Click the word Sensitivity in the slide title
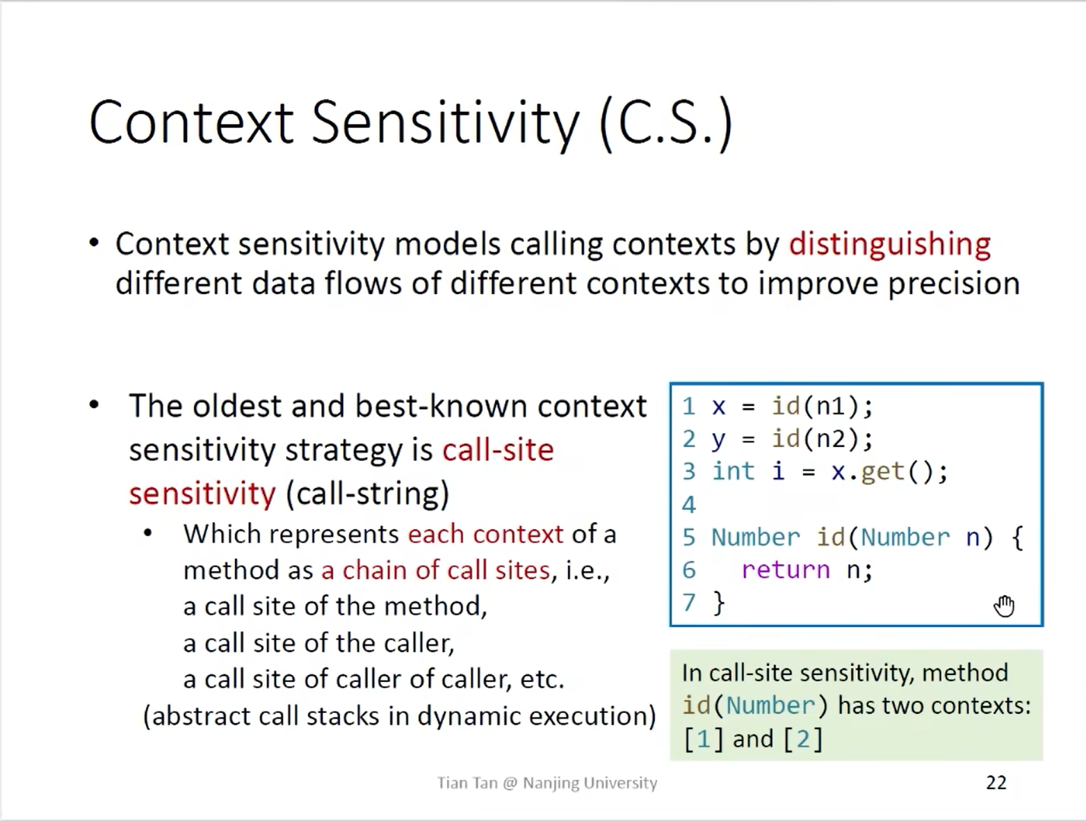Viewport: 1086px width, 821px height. click(x=446, y=123)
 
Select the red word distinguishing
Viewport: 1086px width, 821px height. click(x=890, y=245)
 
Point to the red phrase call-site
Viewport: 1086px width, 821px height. click(x=497, y=449)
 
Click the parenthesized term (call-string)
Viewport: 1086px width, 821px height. click(x=368, y=494)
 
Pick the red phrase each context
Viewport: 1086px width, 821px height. click(x=485, y=534)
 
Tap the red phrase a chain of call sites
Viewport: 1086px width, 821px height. click(x=436, y=570)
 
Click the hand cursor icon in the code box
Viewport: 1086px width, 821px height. click(x=1004, y=605)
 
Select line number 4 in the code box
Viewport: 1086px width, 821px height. click(x=689, y=505)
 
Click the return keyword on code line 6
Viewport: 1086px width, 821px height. click(x=785, y=570)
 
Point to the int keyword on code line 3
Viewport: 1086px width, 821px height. click(x=733, y=471)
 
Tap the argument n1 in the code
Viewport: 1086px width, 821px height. click(x=830, y=407)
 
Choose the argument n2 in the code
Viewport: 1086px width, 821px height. click(x=830, y=439)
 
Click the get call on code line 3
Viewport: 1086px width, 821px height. click(x=882, y=472)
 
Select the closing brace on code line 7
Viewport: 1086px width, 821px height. click(x=719, y=604)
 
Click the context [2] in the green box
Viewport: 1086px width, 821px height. click(x=804, y=740)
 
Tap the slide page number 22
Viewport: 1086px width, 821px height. click(x=996, y=783)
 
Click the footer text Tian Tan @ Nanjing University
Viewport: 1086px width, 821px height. click(x=548, y=783)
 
